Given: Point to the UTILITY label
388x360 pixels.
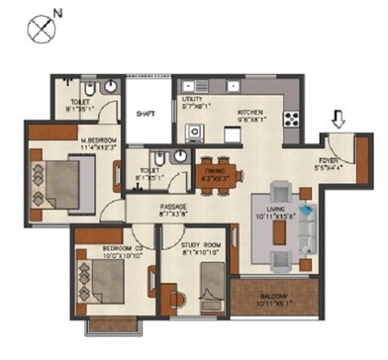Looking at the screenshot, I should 191,99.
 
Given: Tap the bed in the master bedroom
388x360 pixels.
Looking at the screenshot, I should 65,179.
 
